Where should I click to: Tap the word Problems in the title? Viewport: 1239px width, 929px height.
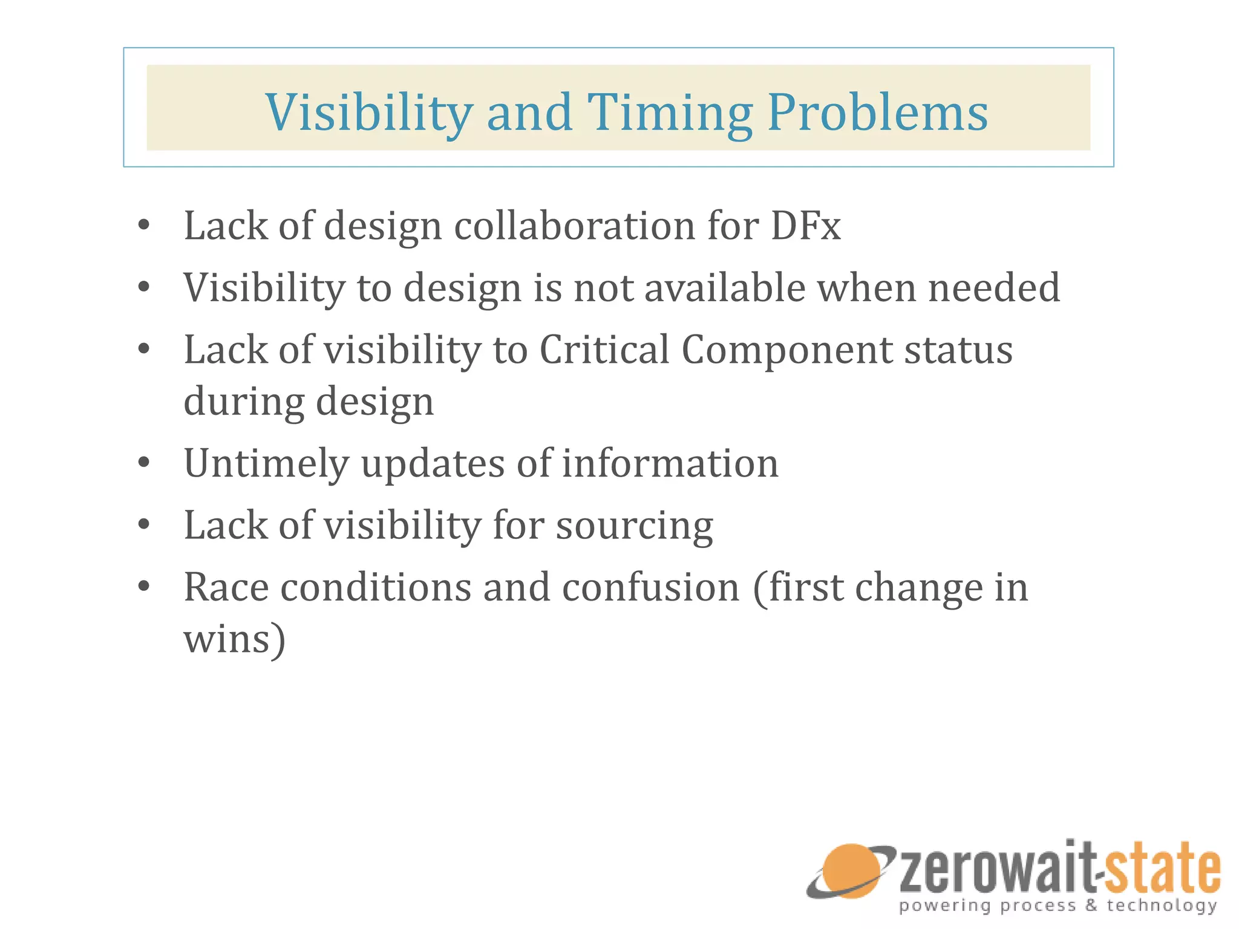click(877, 113)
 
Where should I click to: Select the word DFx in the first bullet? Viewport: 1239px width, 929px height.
click(805, 226)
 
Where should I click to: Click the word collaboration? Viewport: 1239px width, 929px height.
click(575, 226)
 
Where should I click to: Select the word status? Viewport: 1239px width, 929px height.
click(958, 351)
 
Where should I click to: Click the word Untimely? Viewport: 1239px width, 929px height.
click(266, 464)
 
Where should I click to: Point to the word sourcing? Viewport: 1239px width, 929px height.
click(635, 526)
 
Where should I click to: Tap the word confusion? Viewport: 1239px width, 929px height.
click(651, 587)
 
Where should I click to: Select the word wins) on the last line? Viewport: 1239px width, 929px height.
click(234, 640)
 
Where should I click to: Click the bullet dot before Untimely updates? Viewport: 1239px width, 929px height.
click(143, 463)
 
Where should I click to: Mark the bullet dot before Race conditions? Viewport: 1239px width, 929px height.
click(143, 586)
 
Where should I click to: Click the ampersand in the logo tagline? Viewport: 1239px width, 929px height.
click(1091, 905)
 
